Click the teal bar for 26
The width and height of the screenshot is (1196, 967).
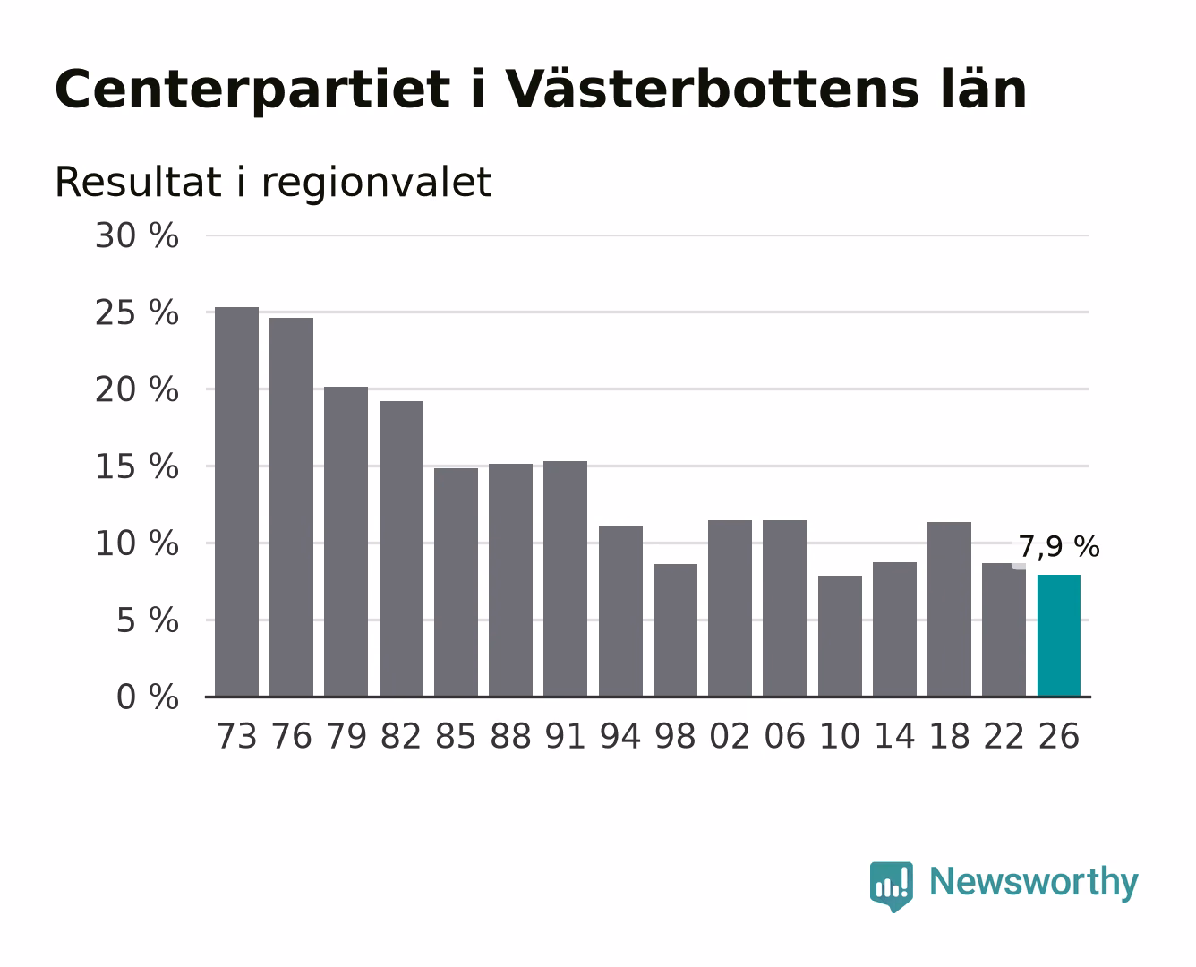(1058, 636)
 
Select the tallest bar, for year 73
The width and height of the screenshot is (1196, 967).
(236, 501)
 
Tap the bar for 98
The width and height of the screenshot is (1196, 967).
(675, 630)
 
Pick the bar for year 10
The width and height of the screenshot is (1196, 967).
(840, 637)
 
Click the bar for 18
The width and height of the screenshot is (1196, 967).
(949, 609)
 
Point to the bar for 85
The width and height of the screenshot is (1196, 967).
(456, 582)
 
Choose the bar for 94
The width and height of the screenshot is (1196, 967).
(620, 611)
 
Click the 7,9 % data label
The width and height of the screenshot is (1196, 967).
(1059, 547)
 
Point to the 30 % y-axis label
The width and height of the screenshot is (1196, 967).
(137, 235)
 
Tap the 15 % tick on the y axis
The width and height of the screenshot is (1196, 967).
(137, 466)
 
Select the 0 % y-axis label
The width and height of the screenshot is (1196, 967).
(148, 697)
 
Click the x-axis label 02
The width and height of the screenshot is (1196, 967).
(730, 736)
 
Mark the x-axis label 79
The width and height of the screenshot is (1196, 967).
(346, 736)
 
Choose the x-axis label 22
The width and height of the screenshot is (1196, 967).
(1004, 736)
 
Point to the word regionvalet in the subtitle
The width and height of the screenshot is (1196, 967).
(377, 183)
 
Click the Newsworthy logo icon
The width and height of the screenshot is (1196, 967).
(891, 886)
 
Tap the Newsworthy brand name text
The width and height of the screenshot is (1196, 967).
(1034, 883)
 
